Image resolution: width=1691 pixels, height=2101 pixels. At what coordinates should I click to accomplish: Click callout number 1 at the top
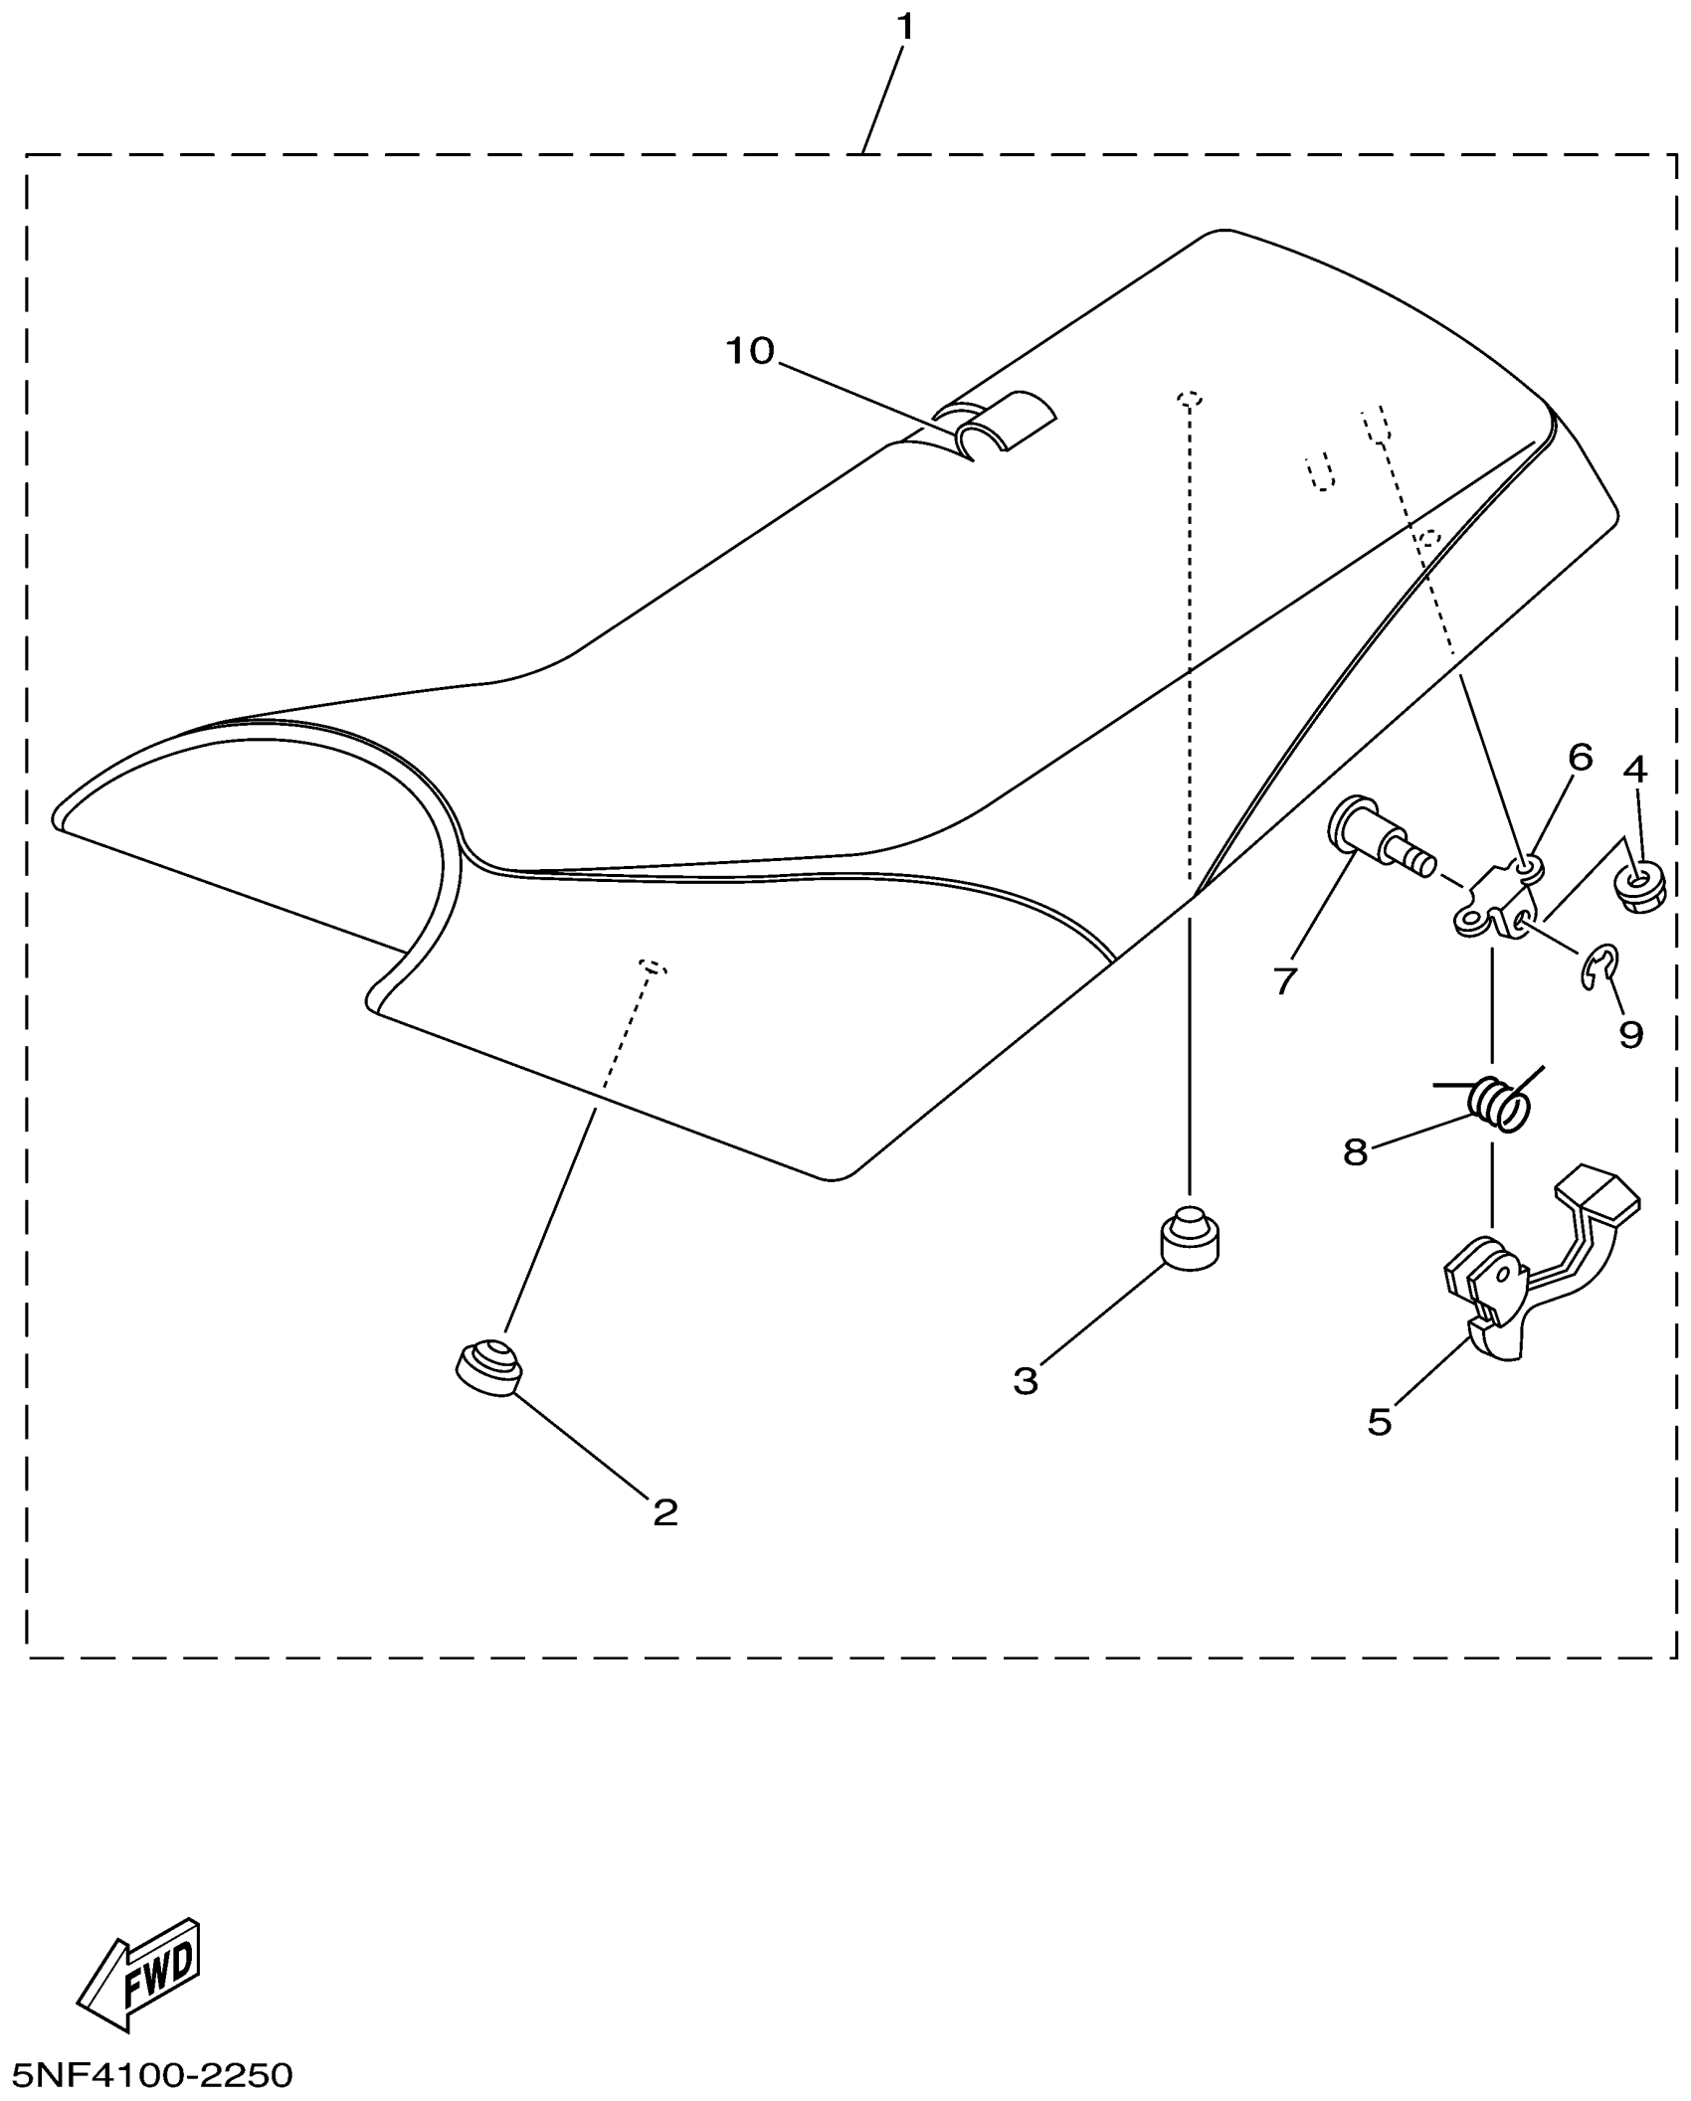click(x=904, y=27)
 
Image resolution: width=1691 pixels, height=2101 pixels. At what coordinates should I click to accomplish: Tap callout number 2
click(x=664, y=1512)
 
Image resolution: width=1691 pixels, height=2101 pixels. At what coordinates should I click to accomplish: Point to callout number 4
click(x=1634, y=769)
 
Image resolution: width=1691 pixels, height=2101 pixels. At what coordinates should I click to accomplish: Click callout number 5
click(x=1379, y=1422)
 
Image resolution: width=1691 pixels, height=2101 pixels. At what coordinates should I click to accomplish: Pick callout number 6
click(x=1581, y=758)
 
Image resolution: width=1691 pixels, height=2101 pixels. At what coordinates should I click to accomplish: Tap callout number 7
click(x=1285, y=980)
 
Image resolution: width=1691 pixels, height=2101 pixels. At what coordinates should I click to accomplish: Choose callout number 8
click(x=1355, y=1153)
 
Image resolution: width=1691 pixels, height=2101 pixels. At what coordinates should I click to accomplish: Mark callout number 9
click(x=1630, y=1034)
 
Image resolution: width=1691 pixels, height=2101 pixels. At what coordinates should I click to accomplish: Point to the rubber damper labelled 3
click(x=1189, y=1238)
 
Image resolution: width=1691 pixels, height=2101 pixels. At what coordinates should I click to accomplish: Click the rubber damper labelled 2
click(x=488, y=1368)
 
